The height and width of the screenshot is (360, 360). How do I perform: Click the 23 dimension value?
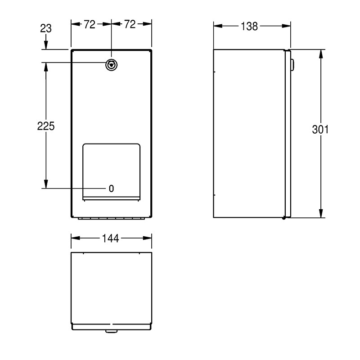(x=46, y=28)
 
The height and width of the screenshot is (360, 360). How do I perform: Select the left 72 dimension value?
(x=90, y=24)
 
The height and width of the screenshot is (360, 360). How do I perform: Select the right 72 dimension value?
(x=130, y=24)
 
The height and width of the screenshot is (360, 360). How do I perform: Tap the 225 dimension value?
(x=46, y=126)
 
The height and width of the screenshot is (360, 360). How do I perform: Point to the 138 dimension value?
(x=249, y=27)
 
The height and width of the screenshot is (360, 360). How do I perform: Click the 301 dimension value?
(x=320, y=130)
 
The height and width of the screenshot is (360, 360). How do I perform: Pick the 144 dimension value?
(x=110, y=238)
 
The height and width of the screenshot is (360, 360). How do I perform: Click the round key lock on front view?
(x=111, y=65)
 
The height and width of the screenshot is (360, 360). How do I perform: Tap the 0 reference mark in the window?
(x=111, y=189)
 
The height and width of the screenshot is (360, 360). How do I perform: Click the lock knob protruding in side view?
(x=292, y=65)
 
